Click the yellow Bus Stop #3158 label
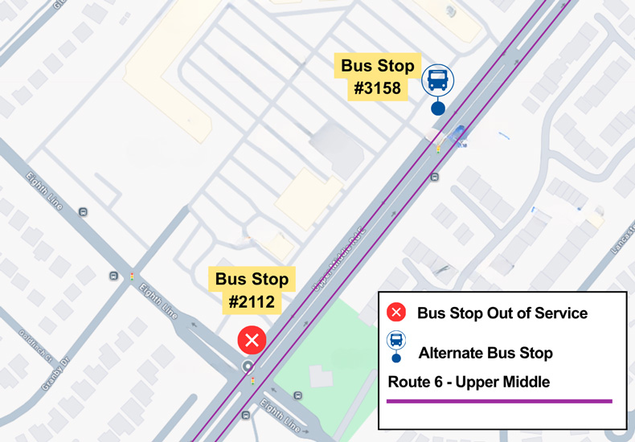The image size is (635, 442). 378,76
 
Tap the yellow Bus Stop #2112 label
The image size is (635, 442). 252,291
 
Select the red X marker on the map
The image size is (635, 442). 252,340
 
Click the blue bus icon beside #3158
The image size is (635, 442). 437,80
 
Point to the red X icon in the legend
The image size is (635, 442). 396,313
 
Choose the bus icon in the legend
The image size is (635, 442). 396,340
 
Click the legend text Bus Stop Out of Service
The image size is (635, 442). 502,313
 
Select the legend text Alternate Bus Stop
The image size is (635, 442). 485,353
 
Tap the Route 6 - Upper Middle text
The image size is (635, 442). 469,382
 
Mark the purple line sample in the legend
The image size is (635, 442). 498,400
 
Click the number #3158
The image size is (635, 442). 378,88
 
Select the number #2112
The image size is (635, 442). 252,302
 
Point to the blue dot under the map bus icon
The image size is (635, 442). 437,108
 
